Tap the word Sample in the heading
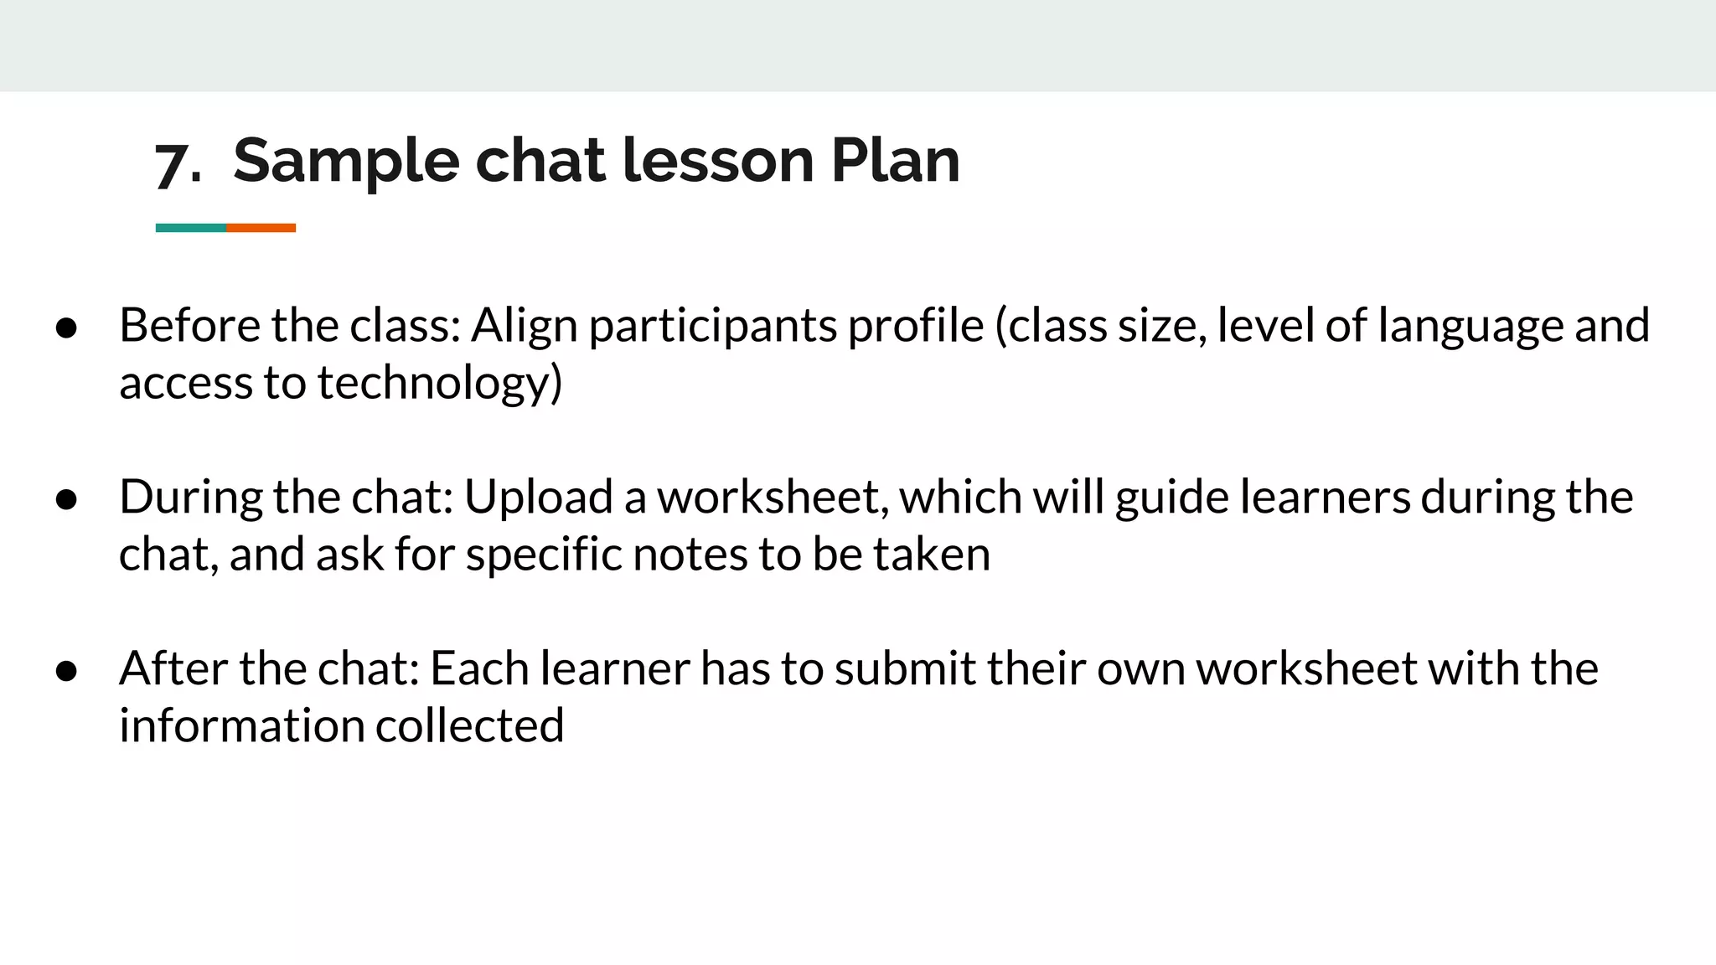point(346,161)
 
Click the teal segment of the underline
point(191,228)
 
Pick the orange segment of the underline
point(261,228)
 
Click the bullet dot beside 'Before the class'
point(67,328)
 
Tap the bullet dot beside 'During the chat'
point(67,500)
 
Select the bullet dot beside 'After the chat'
point(67,671)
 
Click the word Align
point(524,327)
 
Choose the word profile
point(915,325)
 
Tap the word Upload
point(538,498)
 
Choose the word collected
point(469,725)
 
